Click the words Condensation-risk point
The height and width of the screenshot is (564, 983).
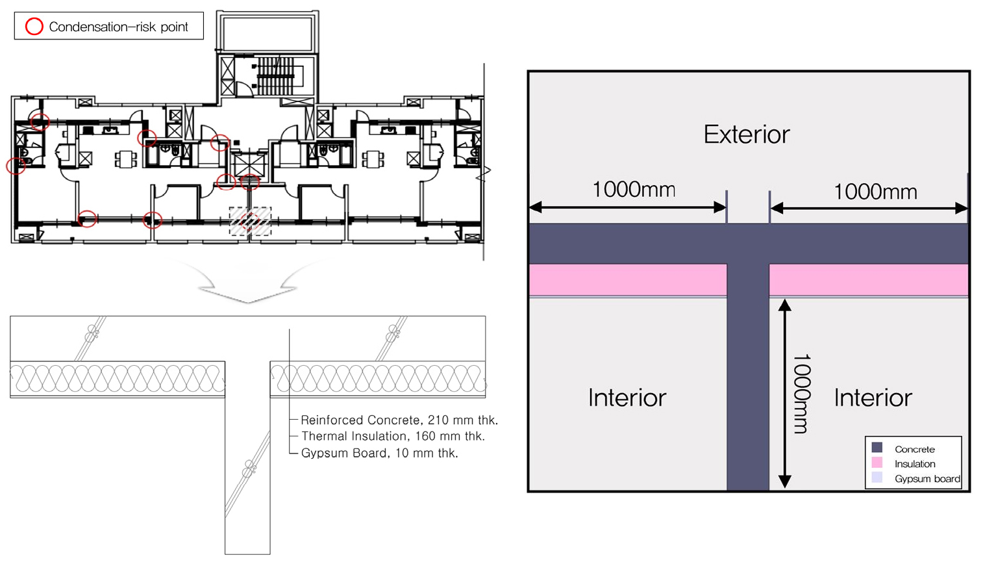[x=118, y=27]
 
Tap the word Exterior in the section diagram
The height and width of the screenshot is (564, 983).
[x=747, y=134]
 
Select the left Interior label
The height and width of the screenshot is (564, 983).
[x=627, y=398]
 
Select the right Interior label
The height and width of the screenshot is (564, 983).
[x=873, y=398]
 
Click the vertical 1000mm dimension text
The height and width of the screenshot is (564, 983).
[x=803, y=394]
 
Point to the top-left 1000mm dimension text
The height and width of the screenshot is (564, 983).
[x=634, y=189]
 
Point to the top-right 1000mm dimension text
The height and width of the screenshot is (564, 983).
[x=875, y=192]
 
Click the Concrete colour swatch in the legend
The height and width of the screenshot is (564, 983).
[x=877, y=448]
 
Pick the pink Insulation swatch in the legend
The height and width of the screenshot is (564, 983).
[x=877, y=463]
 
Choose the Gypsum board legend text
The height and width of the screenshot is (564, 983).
[x=927, y=479]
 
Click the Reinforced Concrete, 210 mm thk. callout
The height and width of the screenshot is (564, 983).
[x=399, y=420]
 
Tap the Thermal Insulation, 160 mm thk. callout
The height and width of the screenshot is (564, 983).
[x=393, y=436]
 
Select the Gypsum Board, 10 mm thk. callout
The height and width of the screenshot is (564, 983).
[x=380, y=453]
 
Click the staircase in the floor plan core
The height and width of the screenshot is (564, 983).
[x=275, y=75]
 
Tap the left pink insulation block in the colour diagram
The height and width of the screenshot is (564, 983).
[x=628, y=280]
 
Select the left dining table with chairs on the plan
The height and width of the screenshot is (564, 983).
[x=125, y=159]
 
